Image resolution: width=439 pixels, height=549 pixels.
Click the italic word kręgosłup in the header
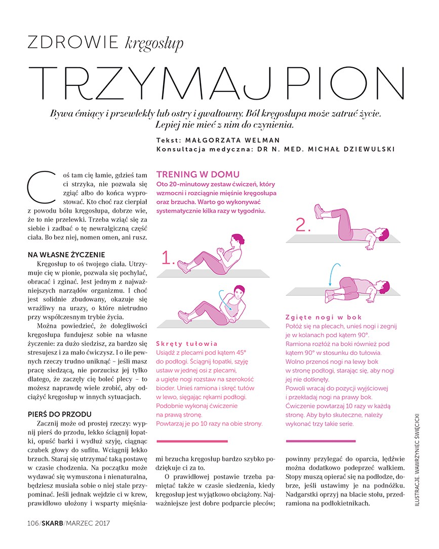pos(154,43)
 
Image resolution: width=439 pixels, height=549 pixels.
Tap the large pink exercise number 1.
pos(169,259)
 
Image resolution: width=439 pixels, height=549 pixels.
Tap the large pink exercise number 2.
pos(303,225)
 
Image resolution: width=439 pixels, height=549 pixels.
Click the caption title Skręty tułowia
pos(187,343)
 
